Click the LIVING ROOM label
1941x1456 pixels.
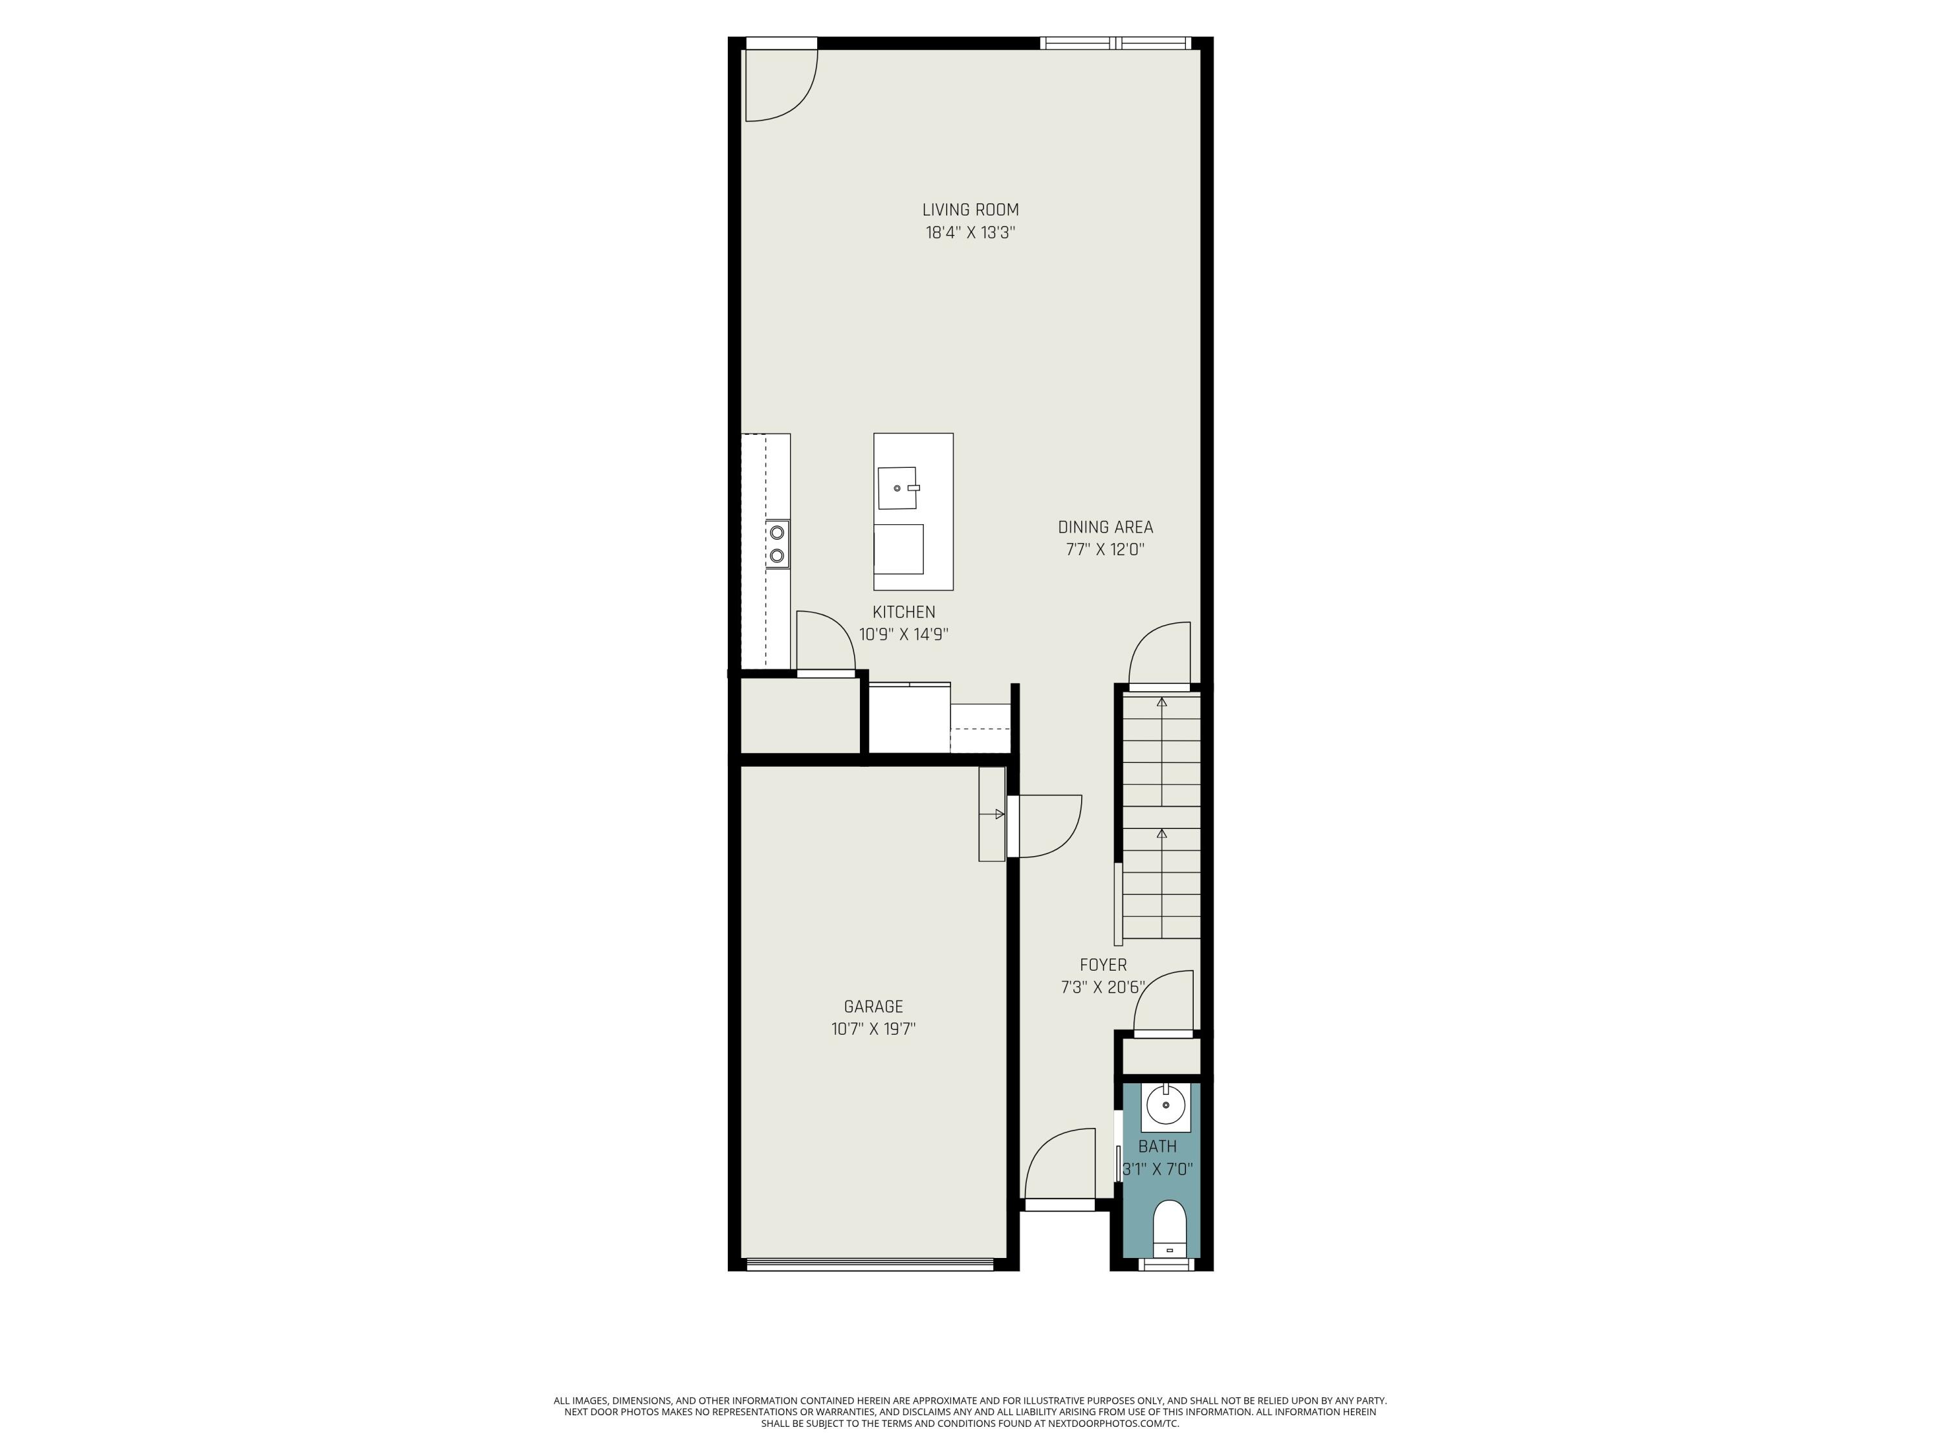point(970,210)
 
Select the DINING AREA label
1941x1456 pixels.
point(1105,527)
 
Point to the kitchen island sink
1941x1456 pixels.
point(897,488)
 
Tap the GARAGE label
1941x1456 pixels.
point(873,1007)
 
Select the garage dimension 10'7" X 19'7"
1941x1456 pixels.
point(873,1030)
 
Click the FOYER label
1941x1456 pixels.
point(1103,965)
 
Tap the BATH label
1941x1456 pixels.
point(1157,1146)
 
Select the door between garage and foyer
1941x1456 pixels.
point(1044,825)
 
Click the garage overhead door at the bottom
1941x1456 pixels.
point(870,1264)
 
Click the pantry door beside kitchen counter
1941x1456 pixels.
point(825,641)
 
